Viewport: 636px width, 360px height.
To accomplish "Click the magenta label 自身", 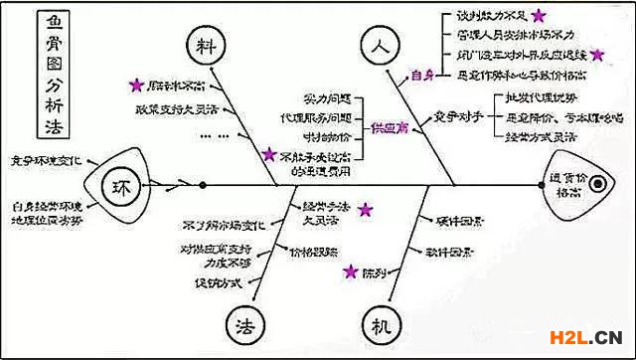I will point(423,75).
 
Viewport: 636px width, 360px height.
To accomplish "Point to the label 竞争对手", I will point(458,118).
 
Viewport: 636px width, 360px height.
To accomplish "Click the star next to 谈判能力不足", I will point(538,15).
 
